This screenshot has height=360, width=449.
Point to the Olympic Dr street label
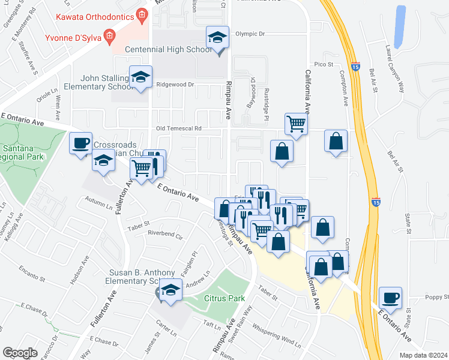(x=250, y=34)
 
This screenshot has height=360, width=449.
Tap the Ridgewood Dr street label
(x=175, y=85)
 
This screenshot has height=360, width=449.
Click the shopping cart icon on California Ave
(x=296, y=124)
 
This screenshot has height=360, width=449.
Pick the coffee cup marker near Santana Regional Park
(x=80, y=143)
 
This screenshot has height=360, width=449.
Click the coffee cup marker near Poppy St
(x=391, y=298)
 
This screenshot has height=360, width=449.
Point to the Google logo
(x=20, y=353)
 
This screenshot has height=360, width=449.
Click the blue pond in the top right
(x=399, y=23)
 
